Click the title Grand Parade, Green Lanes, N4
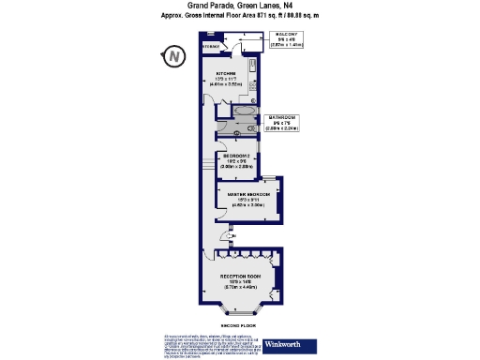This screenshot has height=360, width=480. (x=240, y=5)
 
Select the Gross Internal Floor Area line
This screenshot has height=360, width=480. (x=240, y=15)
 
